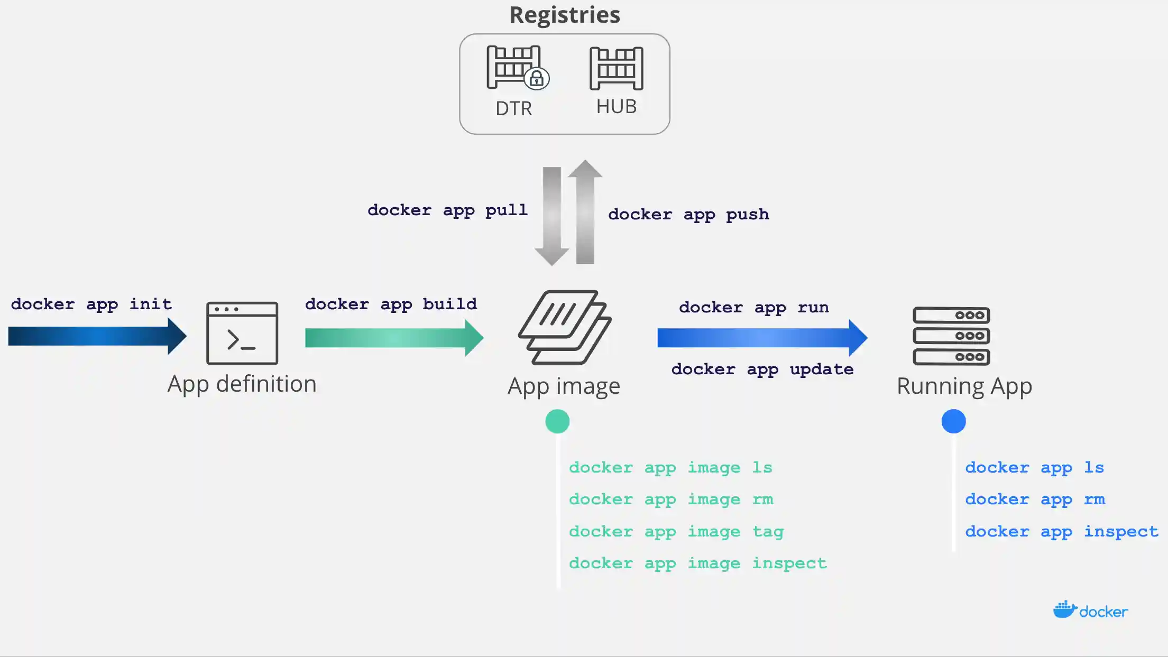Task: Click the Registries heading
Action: (564, 15)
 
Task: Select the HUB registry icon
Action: (616, 68)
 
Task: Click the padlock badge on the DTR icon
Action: (537, 79)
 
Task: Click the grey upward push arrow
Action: (585, 211)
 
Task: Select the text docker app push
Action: (688, 214)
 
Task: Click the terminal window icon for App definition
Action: (242, 333)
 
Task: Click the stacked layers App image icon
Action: (564, 327)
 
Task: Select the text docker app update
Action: (762, 369)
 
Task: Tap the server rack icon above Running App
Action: (951, 336)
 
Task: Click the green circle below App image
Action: (557, 421)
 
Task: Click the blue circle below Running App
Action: (953, 421)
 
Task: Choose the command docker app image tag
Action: (676, 531)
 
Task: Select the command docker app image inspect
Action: (697, 563)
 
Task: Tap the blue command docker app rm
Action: (1035, 499)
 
